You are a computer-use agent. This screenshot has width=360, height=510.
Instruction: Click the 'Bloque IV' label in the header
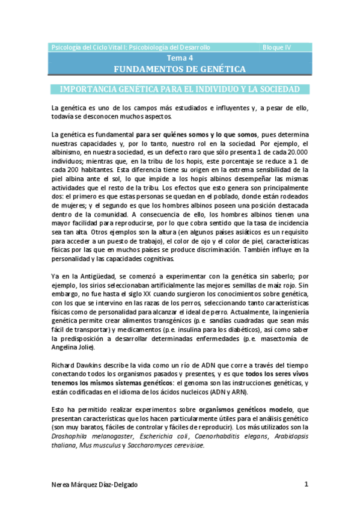[x=277, y=47]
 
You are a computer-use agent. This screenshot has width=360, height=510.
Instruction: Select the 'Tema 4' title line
[x=180, y=58]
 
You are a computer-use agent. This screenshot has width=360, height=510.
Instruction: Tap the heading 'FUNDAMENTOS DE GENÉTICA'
[x=180, y=70]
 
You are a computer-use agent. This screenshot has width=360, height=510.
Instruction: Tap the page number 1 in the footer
[x=307, y=485]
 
